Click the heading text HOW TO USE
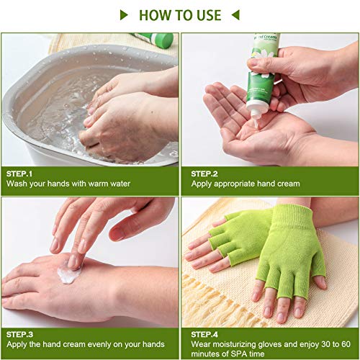pyautogui.click(x=179, y=14)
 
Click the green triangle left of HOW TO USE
pyautogui.click(x=124, y=14)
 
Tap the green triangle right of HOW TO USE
pyautogui.click(x=235, y=14)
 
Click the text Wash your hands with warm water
pyautogui.click(x=69, y=184)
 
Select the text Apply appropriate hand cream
pyautogui.click(x=245, y=184)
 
